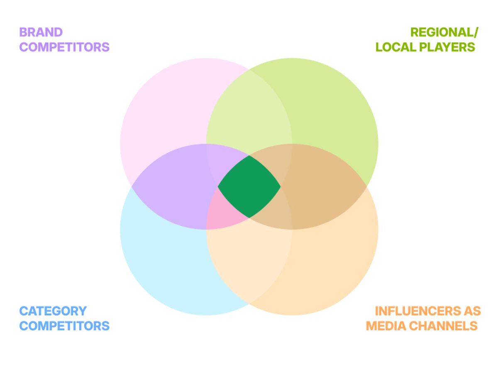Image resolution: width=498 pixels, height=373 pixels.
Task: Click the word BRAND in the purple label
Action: coord(41,32)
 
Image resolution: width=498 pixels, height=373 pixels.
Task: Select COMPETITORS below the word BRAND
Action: coord(64,47)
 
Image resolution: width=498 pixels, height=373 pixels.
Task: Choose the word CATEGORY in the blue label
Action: coord(53,311)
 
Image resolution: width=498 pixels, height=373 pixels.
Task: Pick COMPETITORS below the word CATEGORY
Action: coord(64,326)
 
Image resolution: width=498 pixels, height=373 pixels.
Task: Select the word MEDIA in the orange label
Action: coord(386,326)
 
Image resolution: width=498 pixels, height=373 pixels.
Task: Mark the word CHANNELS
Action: coord(443,326)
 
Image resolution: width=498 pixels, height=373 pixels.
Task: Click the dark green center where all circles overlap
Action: coord(249,186)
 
